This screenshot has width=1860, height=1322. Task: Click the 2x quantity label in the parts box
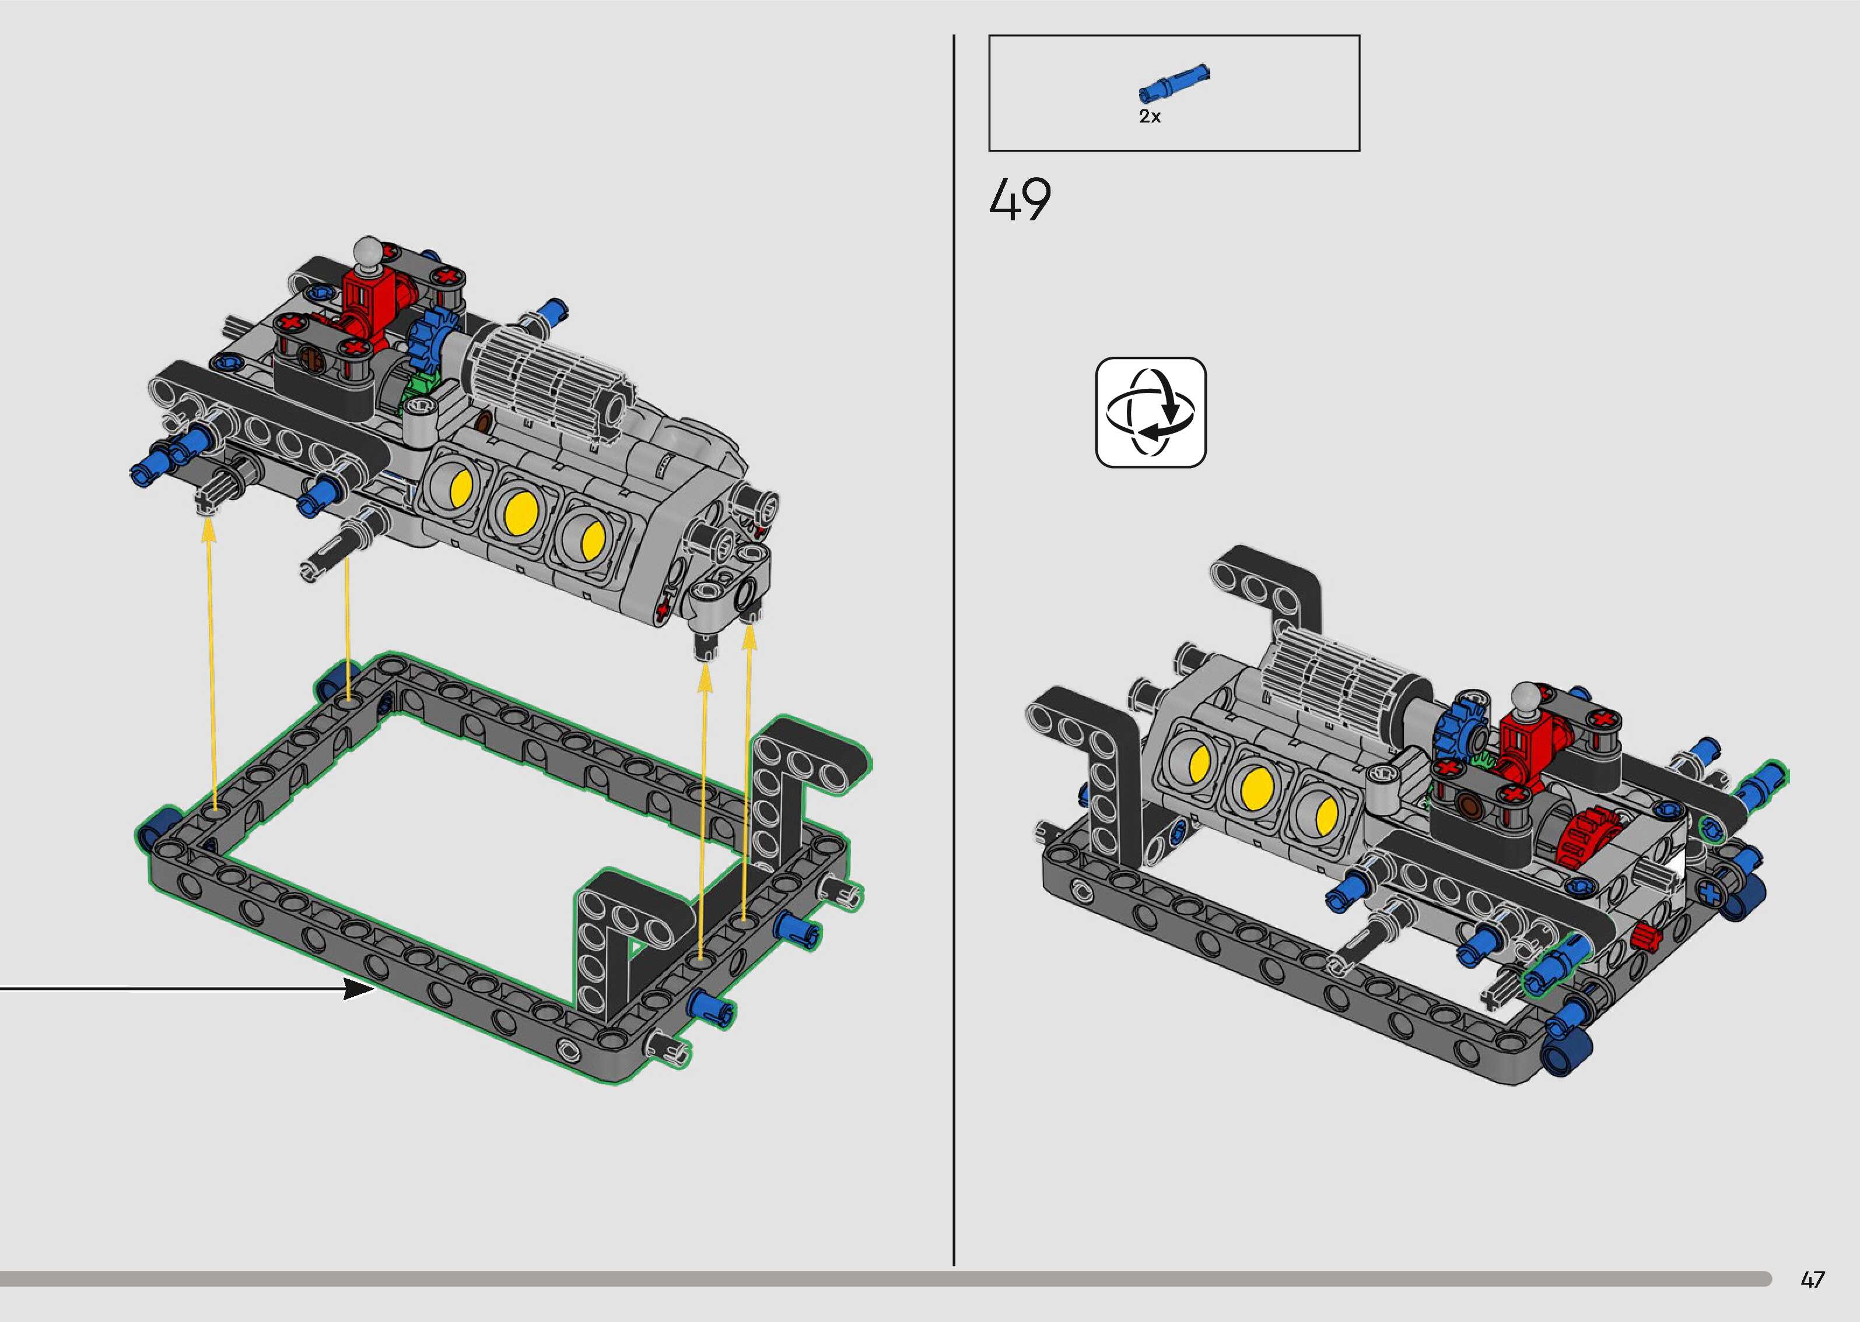click(x=1150, y=117)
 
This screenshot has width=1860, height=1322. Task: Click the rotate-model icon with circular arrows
click(x=1151, y=412)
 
